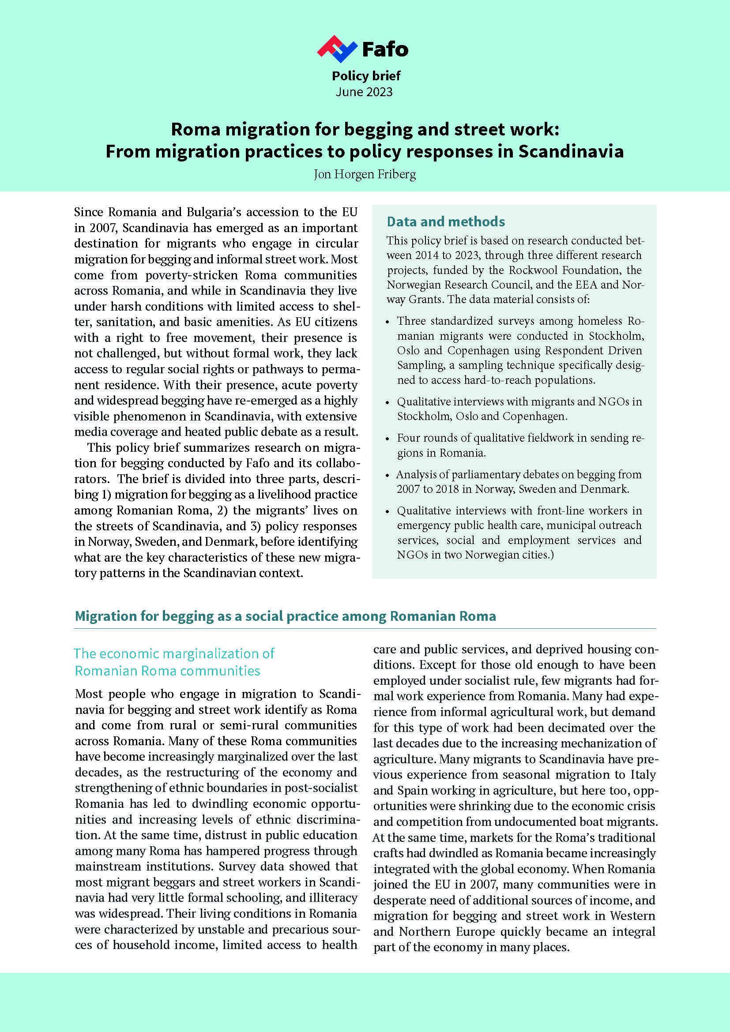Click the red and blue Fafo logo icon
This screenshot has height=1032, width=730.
pyautogui.click(x=337, y=49)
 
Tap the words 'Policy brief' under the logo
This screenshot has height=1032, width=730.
pyautogui.click(x=366, y=76)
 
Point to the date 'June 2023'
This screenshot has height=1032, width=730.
pyautogui.click(x=364, y=92)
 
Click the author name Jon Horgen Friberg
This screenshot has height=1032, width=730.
pyautogui.click(x=365, y=174)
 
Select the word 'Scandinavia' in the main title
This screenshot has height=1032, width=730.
pyautogui.click(x=571, y=151)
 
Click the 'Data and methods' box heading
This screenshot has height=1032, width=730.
pyautogui.click(x=445, y=221)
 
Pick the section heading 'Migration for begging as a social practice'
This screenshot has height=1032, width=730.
pyautogui.click(x=285, y=616)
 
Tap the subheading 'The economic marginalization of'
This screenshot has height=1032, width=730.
pyautogui.click(x=174, y=653)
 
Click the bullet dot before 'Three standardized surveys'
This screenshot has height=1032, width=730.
pyautogui.click(x=388, y=322)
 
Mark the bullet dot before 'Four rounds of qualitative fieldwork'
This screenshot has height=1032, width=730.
pyautogui.click(x=388, y=439)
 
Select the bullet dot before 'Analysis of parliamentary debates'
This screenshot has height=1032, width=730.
pyautogui.click(x=388, y=475)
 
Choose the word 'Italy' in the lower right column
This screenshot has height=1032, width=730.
pyautogui.click(x=643, y=774)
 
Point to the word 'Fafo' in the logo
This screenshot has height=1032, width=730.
pyautogui.click(x=385, y=49)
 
